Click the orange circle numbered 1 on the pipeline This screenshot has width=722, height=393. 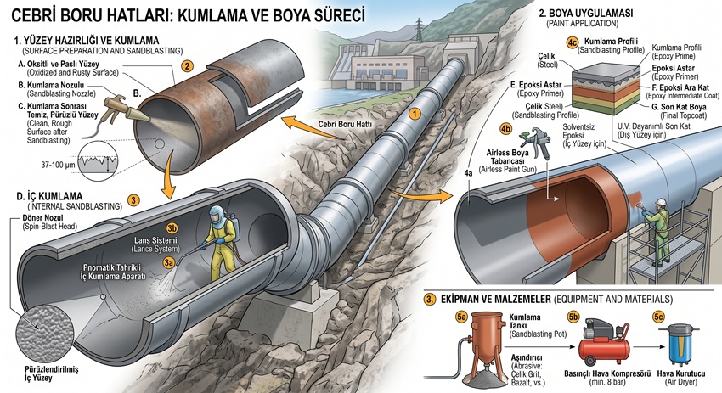click(x=415, y=114)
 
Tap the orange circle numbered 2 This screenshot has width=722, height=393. click(x=187, y=66)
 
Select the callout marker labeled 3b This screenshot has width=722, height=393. click(x=172, y=228)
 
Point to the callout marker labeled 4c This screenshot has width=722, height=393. click(x=572, y=42)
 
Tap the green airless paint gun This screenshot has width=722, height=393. click(x=535, y=141)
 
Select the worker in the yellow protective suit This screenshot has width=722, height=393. click(x=221, y=243)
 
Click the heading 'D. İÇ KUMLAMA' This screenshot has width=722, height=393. click(x=50, y=197)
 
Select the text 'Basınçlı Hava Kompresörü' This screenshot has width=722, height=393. click(x=606, y=373)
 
